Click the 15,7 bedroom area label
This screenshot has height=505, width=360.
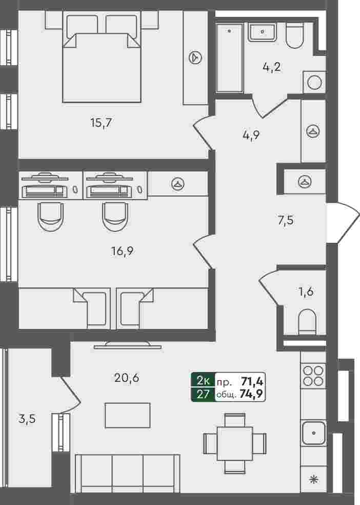[x=102, y=123]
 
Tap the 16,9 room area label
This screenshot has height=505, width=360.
[x=122, y=250]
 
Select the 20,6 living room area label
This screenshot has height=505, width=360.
[x=127, y=378]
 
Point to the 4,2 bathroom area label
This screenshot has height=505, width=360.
[x=271, y=67]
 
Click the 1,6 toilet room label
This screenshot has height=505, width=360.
[x=306, y=292]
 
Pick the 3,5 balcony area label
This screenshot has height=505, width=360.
[x=27, y=419]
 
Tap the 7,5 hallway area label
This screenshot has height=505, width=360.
[x=286, y=221]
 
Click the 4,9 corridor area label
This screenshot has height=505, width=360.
[x=251, y=135]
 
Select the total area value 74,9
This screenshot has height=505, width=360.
[x=252, y=394]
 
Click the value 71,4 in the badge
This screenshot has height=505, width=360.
[x=252, y=382]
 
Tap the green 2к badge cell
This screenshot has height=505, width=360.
[x=203, y=381]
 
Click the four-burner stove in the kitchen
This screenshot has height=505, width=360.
[x=313, y=376]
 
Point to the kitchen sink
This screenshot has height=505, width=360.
[x=313, y=433]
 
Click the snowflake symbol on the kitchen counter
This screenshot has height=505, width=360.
[x=313, y=479]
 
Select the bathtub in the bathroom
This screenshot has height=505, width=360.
[x=229, y=59]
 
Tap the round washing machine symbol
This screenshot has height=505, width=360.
[x=314, y=83]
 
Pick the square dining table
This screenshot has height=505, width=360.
[x=235, y=443]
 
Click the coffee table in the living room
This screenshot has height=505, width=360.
[x=127, y=416]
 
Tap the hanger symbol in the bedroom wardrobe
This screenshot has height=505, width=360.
[x=195, y=57]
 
